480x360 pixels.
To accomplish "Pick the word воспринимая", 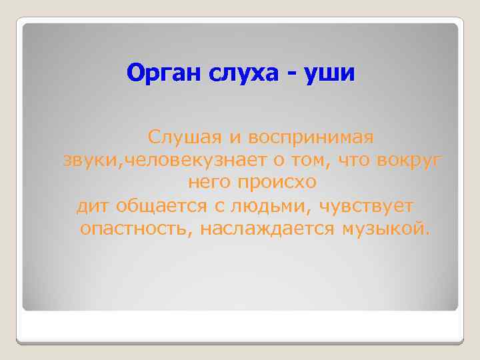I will (311, 137).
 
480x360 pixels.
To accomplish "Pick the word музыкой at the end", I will (386, 229).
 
